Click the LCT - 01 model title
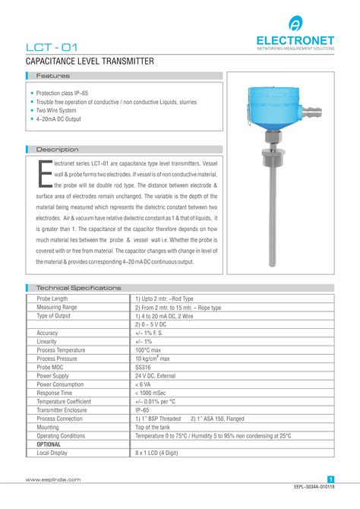pyautogui.click(x=51, y=47)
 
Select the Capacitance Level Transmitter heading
pyautogui.click(x=90, y=62)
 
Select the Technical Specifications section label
pyautogui.click(x=78, y=289)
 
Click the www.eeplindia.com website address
pyautogui.click(x=53, y=479)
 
